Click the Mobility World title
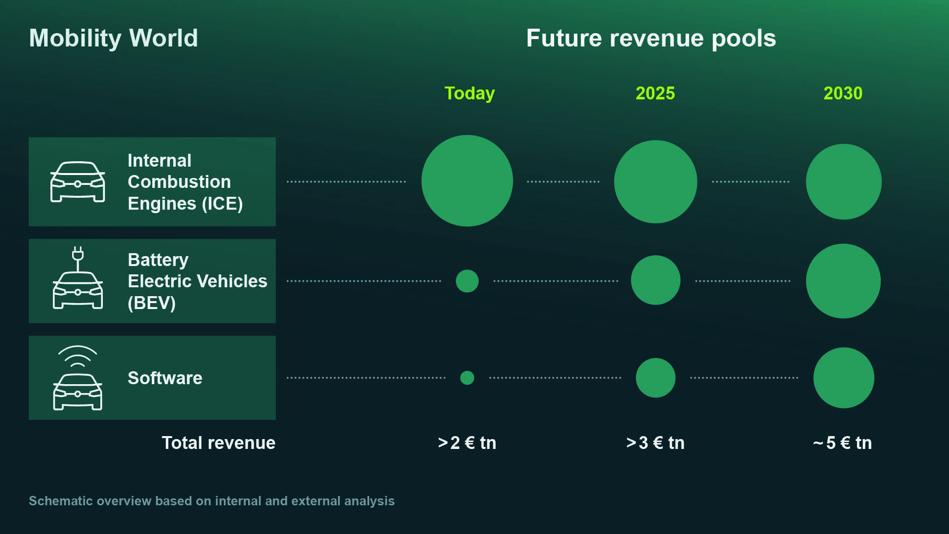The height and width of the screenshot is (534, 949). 113,38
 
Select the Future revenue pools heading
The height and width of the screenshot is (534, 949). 651,38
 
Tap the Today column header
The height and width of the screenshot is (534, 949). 469,93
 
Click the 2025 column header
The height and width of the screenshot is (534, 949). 655,93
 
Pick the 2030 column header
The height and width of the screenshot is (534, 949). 843,93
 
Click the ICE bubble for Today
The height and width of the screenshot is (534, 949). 467,181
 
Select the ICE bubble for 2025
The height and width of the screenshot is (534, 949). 655,181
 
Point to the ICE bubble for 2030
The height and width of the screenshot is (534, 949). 843,181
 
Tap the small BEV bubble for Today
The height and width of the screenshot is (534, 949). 467,281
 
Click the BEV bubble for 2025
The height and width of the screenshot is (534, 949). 655,280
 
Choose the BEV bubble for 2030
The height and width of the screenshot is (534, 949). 843,281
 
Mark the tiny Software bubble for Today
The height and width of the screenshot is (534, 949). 467,378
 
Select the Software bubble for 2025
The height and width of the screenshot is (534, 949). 655,378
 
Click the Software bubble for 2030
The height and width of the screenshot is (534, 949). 843,378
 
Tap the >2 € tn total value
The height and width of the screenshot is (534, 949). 467,443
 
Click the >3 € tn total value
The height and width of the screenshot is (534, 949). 655,443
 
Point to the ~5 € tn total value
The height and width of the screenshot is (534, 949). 843,443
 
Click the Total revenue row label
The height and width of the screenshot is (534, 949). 218,443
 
